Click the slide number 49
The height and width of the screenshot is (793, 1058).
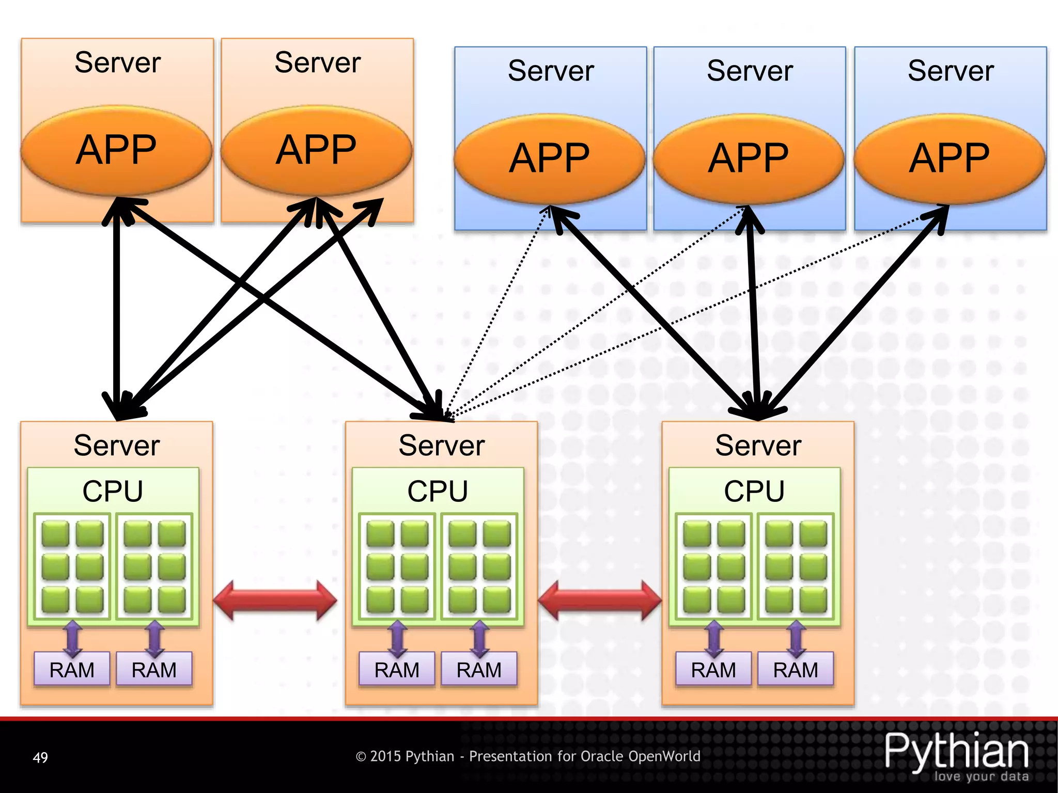(40, 757)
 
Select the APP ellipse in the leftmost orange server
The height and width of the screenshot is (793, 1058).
(116, 150)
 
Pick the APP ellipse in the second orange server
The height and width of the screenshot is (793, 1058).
(316, 150)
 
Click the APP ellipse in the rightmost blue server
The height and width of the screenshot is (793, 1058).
(950, 158)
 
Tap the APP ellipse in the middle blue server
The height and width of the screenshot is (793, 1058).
(749, 158)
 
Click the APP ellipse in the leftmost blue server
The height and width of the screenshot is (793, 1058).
(550, 158)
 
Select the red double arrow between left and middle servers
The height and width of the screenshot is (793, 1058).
(275, 600)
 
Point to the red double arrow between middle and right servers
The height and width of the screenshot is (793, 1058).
(600, 600)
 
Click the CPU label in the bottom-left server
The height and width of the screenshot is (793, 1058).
(113, 491)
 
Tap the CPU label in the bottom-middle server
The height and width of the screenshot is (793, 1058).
(438, 491)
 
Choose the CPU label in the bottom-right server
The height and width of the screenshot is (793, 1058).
(754, 491)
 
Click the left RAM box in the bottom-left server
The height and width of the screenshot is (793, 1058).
(72, 670)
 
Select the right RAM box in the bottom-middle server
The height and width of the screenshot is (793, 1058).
(479, 670)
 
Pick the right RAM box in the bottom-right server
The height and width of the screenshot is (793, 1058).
(796, 670)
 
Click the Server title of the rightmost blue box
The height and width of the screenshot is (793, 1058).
(951, 71)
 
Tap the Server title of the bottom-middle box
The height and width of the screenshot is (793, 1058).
(442, 446)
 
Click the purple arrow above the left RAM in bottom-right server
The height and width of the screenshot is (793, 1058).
(714, 639)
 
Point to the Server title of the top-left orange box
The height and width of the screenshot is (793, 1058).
(118, 62)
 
